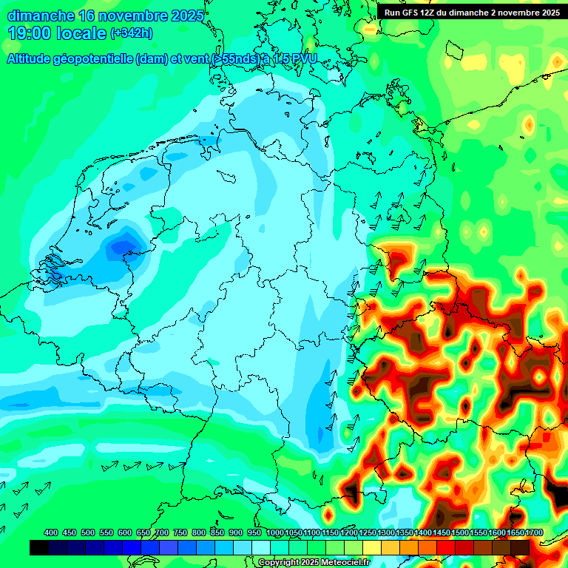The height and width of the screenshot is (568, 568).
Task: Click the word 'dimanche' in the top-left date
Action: (x=41, y=16)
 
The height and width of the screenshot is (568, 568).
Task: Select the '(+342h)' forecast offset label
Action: (x=132, y=33)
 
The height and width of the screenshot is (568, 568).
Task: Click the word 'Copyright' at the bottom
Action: (x=280, y=563)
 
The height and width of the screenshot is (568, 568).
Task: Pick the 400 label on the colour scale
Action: (x=51, y=533)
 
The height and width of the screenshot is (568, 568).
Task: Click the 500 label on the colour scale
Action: (x=88, y=533)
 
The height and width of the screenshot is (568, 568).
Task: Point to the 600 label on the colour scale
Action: (x=125, y=533)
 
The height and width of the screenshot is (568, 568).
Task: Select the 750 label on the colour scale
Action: (x=180, y=533)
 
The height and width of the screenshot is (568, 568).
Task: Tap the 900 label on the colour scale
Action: (x=235, y=533)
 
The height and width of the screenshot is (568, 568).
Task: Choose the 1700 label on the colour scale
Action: (x=515, y=533)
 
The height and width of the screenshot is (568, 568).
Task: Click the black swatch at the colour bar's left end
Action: (x=39, y=547)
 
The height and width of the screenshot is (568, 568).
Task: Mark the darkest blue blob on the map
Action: (x=118, y=248)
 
